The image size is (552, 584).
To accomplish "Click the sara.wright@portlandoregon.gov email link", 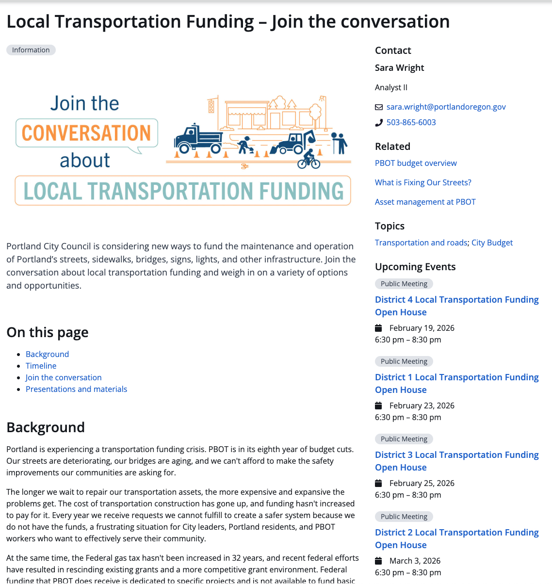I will pos(446,107).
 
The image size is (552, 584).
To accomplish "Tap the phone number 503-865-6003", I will pos(411,122).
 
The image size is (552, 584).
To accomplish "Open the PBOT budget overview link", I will pos(416,163).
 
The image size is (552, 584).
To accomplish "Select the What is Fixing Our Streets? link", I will pos(423,182).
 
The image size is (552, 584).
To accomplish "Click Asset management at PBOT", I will pos(425,202).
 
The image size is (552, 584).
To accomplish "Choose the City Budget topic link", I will pos(492,243).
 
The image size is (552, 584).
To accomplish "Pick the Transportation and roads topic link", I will pos(421,243).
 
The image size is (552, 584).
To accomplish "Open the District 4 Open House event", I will pos(456,306).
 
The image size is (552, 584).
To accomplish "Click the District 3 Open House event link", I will pos(456,461).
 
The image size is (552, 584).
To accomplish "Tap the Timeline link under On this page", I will pos(41,366).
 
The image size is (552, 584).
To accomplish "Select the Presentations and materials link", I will pos(76,389).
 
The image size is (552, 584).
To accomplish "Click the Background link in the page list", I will pos(47,354).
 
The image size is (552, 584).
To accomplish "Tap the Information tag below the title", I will pos(31,50).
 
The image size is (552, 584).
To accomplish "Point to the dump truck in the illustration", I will pos(198,139).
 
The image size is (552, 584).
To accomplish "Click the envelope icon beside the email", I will pos(379,107).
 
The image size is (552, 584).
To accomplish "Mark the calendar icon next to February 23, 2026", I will pos(379,406).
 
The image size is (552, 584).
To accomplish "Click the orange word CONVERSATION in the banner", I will pos(86,133).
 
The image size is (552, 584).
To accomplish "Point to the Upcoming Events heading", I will pos(415,267).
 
